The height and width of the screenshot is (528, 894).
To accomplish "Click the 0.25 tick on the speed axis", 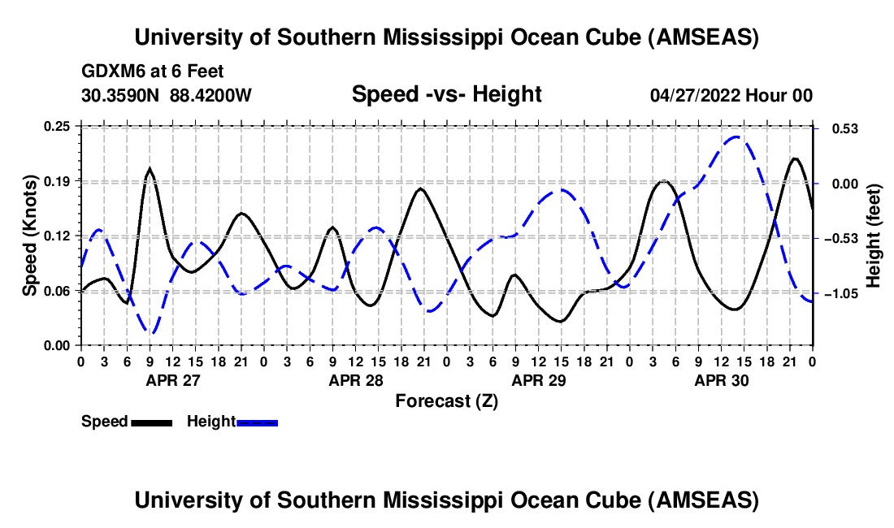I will pyautogui.click(x=59, y=126).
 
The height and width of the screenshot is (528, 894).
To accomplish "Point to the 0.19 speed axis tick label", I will pyautogui.click(x=59, y=180).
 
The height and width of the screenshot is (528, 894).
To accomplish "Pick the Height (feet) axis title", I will pyautogui.click(x=874, y=236).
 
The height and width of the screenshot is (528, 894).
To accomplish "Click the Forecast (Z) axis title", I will pyautogui.click(x=446, y=400).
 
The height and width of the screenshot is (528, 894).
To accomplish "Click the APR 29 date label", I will pyautogui.click(x=537, y=380).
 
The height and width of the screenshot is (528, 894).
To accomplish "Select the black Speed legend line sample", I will pyautogui.click(x=151, y=422).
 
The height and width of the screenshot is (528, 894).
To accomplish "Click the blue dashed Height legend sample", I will pyautogui.click(x=257, y=422).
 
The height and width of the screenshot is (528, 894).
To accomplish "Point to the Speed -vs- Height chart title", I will pyautogui.click(x=446, y=94).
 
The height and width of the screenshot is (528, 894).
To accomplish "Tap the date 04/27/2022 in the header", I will pyautogui.click(x=695, y=95).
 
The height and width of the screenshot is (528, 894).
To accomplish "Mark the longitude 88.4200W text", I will pyautogui.click(x=210, y=95).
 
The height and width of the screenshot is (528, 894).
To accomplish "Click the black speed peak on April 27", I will pyautogui.click(x=150, y=169).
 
